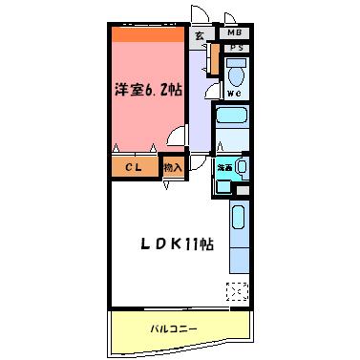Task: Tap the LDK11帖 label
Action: [178, 244]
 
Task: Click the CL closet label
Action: [134, 167]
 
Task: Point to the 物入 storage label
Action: [173, 167]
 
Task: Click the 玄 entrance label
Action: [200, 36]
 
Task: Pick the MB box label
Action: [235, 32]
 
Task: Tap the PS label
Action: [235, 48]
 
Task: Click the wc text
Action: [234, 94]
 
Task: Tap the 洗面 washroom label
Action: [224, 167]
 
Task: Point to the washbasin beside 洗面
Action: [241, 168]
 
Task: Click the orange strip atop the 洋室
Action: [146, 34]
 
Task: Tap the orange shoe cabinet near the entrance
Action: [216, 61]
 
